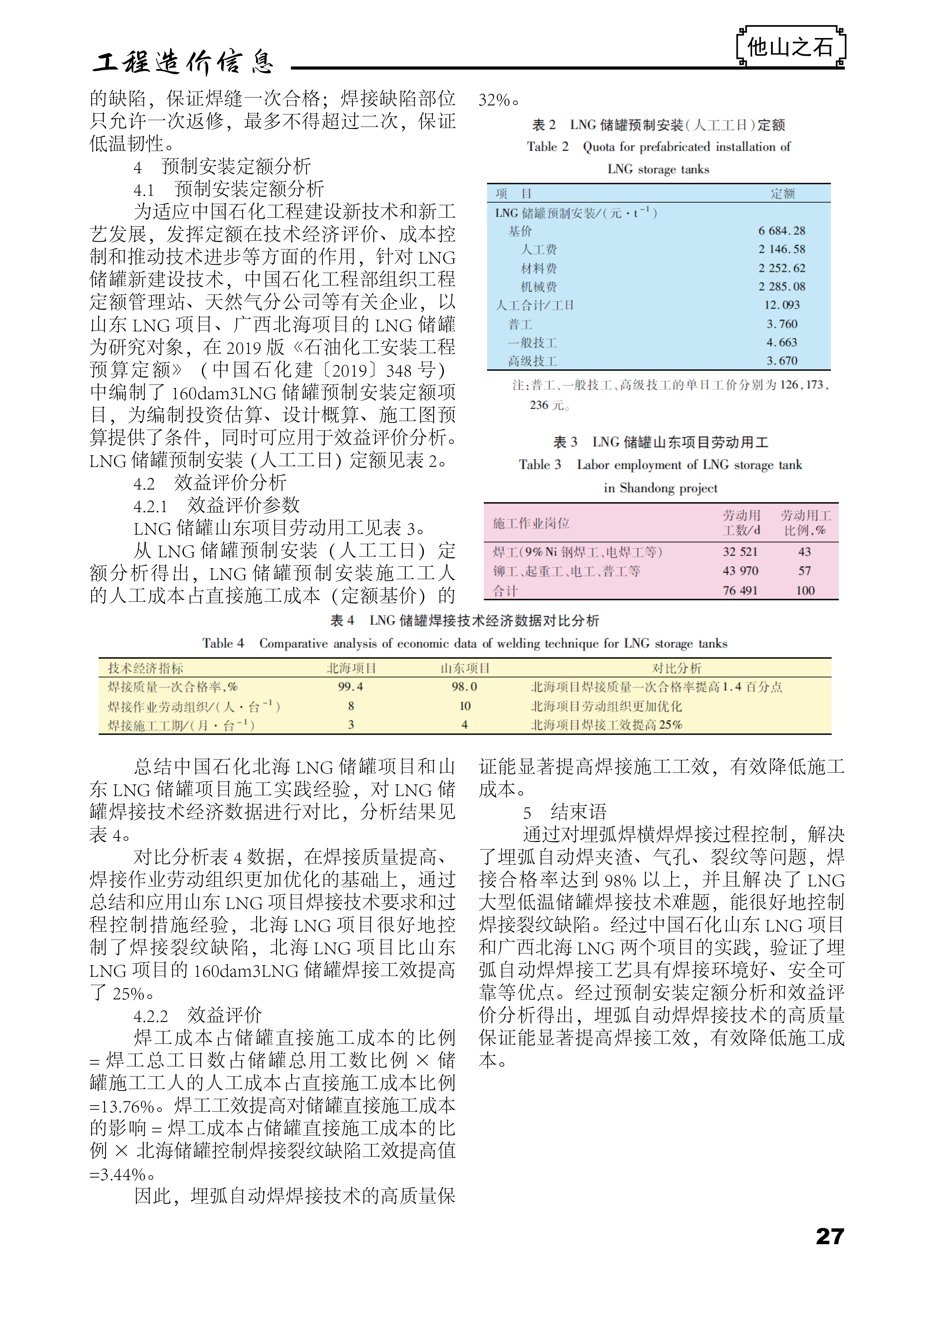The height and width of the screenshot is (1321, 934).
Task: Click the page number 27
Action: (829, 1236)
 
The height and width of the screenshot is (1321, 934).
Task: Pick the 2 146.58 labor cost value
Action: (781, 249)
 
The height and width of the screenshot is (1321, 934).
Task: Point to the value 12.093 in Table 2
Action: (781, 305)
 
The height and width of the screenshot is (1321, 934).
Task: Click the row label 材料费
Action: (539, 268)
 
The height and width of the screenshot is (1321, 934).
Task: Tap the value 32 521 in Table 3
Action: (740, 552)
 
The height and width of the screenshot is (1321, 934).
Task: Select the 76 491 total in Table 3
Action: (740, 591)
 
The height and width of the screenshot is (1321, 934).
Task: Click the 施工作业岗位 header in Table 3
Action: (531, 523)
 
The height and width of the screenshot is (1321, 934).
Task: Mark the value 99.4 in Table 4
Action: (351, 686)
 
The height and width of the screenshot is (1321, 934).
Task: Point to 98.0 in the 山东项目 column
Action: (464, 686)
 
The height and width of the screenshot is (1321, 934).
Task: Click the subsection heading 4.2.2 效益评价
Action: (197, 1015)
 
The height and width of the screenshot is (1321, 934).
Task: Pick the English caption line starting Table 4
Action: (464, 643)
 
